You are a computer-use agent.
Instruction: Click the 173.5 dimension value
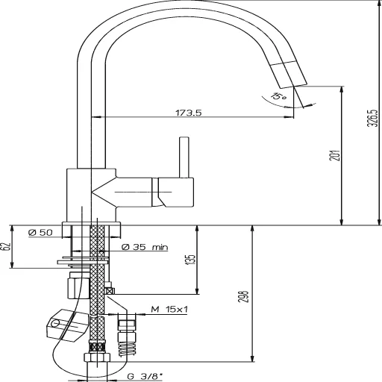pos(190,113)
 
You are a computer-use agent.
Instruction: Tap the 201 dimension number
pos(334,155)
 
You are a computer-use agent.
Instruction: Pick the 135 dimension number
pos(190,260)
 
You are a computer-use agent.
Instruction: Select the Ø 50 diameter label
pos(40,233)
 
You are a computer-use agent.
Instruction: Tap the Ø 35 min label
pos(143,246)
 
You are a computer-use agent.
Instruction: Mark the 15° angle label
pos(278,96)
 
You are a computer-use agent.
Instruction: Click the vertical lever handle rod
pos(181,157)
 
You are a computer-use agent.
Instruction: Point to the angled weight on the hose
pos(66,325)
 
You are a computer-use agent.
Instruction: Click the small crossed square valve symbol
pos(109,292)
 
